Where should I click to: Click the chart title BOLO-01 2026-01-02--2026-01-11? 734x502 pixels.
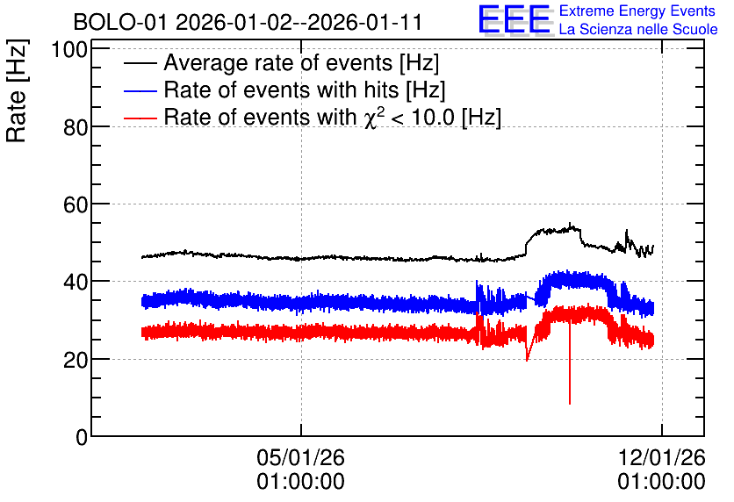tap(248, 22)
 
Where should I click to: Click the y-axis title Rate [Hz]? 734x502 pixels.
tap(17, 90)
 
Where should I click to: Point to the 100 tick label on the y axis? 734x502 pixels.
tap(69, 49)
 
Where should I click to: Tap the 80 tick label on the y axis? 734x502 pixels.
tap(76, 126)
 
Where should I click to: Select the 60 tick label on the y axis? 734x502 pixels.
tap(76, 204)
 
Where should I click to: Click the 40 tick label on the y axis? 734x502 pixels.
tap(76, 282)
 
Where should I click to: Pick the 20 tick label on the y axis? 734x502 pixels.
tap(76, 360)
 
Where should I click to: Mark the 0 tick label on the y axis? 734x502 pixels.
tap(82, 437)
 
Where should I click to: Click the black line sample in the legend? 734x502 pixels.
tap(140, 63)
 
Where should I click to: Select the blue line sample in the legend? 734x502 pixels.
tap(140, 90)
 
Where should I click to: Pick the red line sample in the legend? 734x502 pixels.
tap(140, 118)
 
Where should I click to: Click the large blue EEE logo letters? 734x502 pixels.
tap(515, 20)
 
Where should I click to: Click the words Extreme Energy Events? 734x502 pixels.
tap(637, 11)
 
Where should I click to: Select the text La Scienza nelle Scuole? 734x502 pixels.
tap(638, 30)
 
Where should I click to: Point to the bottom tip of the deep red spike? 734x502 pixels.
tap(570, 404)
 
